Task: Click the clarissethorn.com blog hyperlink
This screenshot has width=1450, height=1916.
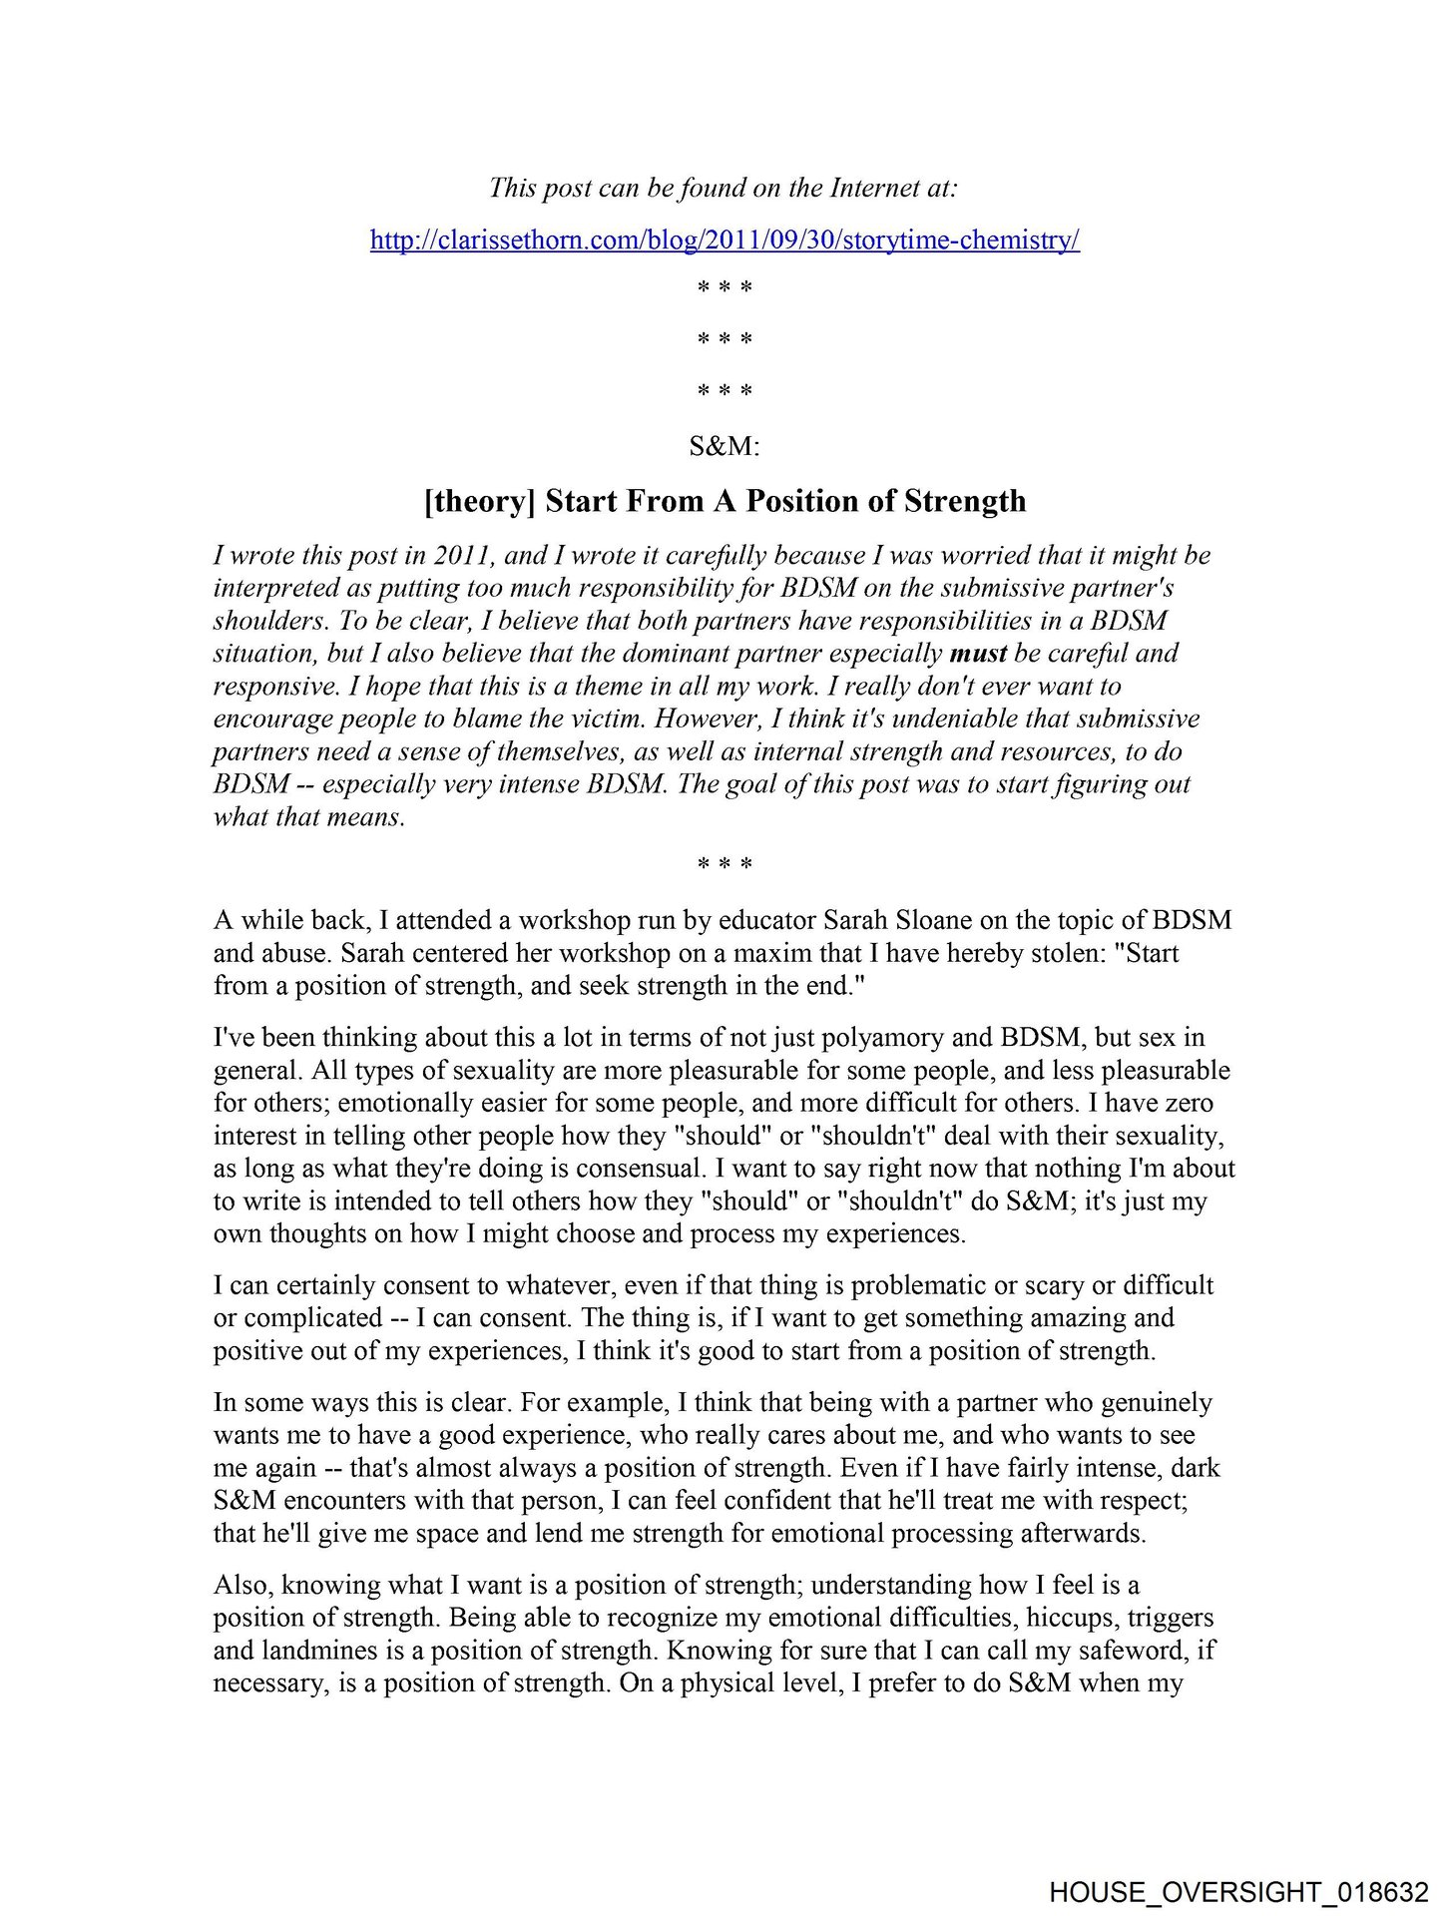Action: pyautogui.click(x=725, y=240)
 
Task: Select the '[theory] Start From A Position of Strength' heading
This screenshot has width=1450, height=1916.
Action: pyautogui.click(x=725, y=500)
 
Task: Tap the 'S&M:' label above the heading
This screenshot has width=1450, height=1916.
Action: pyautogui.click(x=725, y=446)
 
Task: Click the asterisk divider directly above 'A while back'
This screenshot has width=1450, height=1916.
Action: pyautogui.click(x=725, y=864)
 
